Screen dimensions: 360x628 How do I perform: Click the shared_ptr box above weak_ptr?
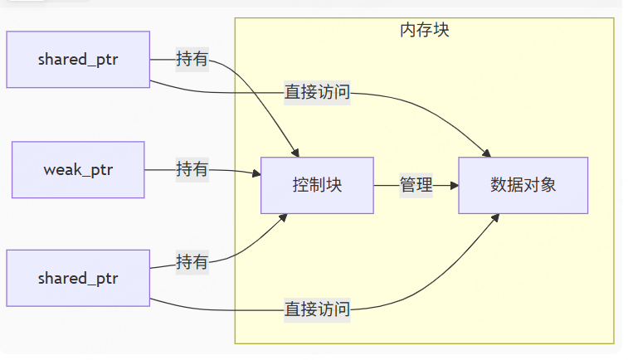(78, 59)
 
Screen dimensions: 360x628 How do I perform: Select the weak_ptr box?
(78, 170)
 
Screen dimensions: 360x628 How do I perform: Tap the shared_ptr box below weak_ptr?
(78, 278)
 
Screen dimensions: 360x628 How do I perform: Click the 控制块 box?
(317, 186)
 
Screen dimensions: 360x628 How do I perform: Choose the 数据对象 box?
(523, 186)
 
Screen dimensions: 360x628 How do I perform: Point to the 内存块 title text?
(425, 31)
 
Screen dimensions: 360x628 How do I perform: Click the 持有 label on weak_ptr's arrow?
(192, 170)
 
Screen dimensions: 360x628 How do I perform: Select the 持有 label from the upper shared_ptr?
(192, 59)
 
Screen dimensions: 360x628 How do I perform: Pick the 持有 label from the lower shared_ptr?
(192, 262)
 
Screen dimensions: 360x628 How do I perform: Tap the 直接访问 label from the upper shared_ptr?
(317, 92)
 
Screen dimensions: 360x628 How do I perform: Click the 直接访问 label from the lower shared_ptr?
(317, 309)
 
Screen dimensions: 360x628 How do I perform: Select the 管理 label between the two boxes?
(416, 186)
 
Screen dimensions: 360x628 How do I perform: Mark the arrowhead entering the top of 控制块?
(295, 153)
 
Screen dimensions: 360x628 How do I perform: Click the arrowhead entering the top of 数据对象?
(487, 153)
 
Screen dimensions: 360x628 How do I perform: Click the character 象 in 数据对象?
(548, 186)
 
